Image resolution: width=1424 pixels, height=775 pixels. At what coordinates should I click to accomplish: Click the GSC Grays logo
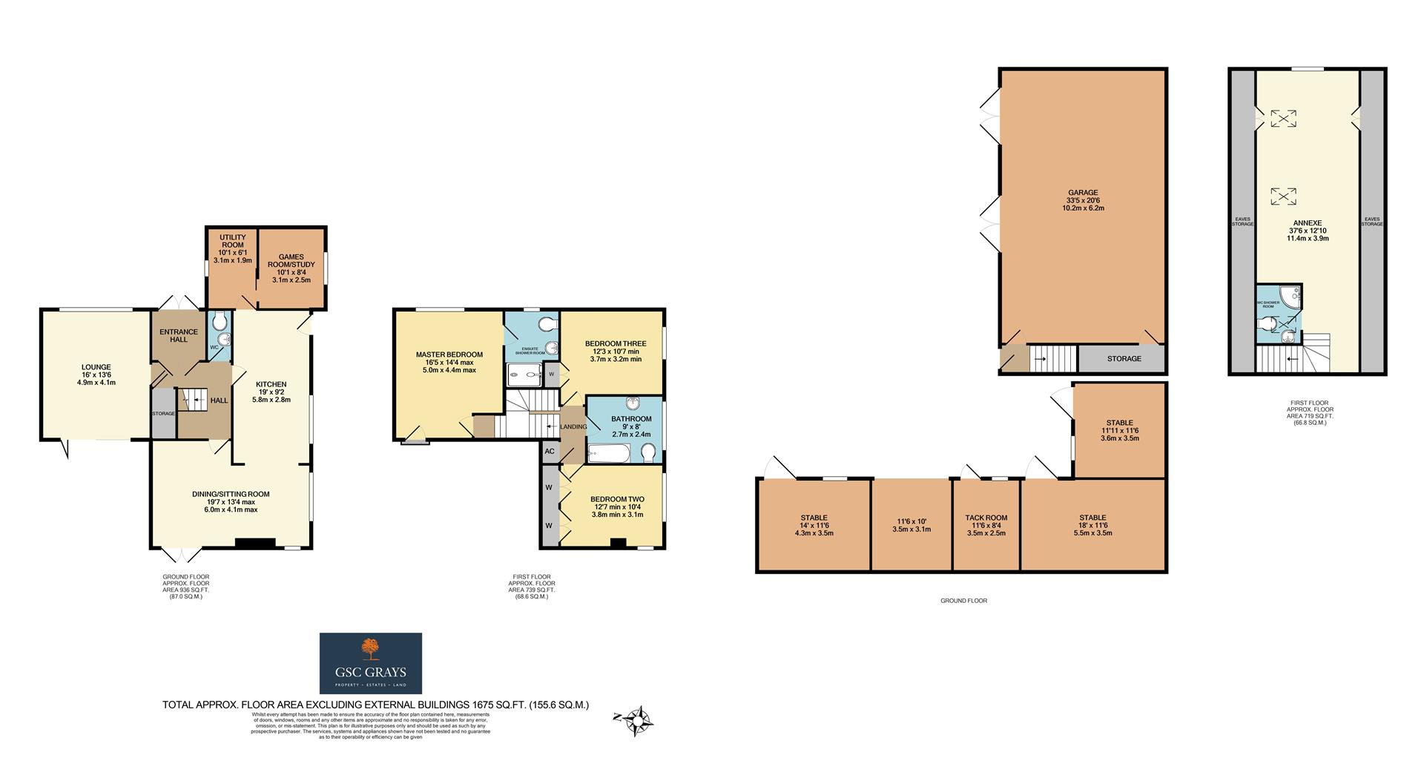pos(370,663)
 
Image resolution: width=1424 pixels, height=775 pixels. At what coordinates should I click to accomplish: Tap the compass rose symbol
pos(637,719)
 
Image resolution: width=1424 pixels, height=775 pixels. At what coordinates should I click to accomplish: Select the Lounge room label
pos(96,367)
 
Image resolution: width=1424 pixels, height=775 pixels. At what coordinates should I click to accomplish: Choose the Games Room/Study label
pos(291,261)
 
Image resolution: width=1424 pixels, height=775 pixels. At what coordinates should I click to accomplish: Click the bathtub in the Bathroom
pos(608,452)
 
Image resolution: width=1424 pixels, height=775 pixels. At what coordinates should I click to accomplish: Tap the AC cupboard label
pos(550,451)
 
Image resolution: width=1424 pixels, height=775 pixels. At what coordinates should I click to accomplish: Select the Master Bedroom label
pos(449,354)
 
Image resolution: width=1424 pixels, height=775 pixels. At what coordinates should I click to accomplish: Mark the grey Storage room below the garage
pos(1124,359)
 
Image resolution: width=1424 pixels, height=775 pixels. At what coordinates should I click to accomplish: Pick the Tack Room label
pos(986,518)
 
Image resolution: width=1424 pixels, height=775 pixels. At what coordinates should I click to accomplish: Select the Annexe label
pos(1307,222)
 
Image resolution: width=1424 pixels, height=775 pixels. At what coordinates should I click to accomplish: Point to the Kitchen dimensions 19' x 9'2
pos(271,392)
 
